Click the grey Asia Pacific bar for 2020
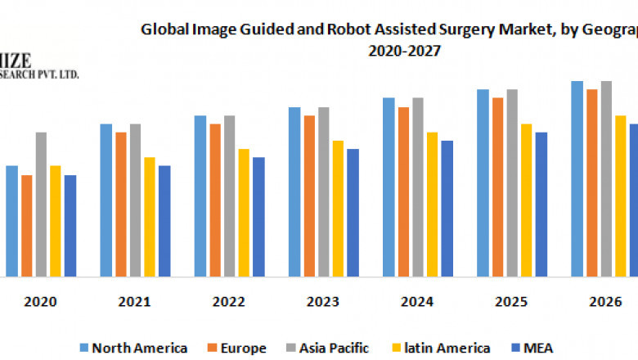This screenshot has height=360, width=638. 41,204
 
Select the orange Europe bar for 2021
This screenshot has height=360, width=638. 120,204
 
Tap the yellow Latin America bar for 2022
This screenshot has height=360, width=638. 244,212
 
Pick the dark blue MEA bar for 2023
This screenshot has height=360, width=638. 353,212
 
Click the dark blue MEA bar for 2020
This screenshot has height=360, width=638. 70,225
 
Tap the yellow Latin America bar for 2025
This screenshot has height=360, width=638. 526,200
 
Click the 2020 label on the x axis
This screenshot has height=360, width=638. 40,302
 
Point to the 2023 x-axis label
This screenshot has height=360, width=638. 323,302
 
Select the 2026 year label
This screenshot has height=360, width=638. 605,302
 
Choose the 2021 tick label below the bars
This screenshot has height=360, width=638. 134,302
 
